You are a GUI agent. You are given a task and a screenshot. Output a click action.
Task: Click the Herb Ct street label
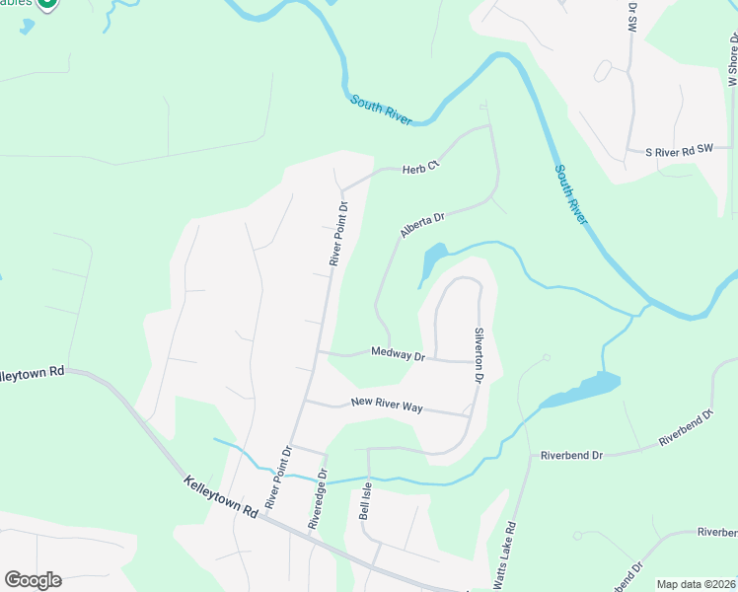tap(419, 169)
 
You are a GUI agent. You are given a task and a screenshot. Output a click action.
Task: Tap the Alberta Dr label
tap(423, 224)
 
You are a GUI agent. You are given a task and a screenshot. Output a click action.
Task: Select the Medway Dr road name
tap(398, 353)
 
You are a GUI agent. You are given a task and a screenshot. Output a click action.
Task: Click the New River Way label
tap(387, 404)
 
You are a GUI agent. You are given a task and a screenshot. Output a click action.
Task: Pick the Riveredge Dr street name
tap(318, 499)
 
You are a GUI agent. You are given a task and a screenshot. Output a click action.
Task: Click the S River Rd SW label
tap(679, 152)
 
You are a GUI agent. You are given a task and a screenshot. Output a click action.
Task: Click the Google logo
tap(33, 580)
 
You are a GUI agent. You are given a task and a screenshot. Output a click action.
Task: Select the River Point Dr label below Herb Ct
tap(339, 234)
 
